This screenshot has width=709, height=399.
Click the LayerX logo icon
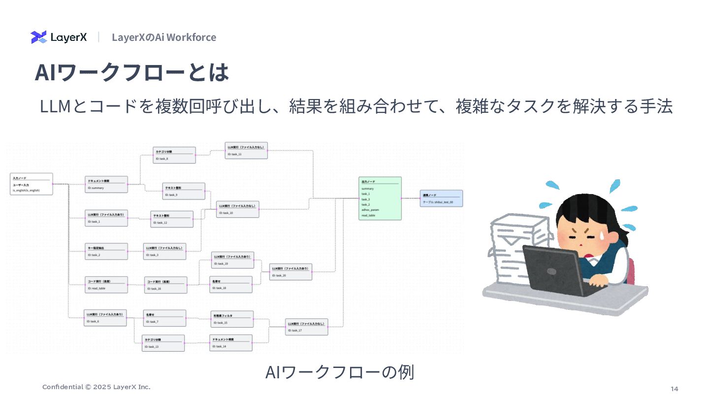tap(39, 37)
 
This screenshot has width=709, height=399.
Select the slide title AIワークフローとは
tap(131, 72)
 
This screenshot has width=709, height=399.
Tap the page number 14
tap(674, 389)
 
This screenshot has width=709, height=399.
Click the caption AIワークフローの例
tap(339, 372)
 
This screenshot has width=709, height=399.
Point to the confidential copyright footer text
tap(96, 387)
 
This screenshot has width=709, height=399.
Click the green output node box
tap(380, 198)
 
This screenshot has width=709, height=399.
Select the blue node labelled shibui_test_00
tap(441, 198)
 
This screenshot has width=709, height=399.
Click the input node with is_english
tap(32, 184)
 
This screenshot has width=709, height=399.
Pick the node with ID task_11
tap(246, 151)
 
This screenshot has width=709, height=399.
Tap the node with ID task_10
tap(238, 209)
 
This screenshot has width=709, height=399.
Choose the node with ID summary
tap(106, 184)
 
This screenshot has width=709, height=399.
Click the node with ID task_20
tap(290, 272)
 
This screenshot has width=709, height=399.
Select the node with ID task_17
tap(306, 327)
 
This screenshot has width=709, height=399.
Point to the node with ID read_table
tap(106, 285)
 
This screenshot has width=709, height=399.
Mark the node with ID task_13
tap(163, 343)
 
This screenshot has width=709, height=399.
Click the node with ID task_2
tap(106, 251)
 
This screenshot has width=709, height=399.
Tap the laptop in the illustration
tap(556, 268)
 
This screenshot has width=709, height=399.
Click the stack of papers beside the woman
tap(517, 251)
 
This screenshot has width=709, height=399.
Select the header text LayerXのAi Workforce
tap(163, 37)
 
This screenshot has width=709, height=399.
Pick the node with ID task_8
tap(174, 155)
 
